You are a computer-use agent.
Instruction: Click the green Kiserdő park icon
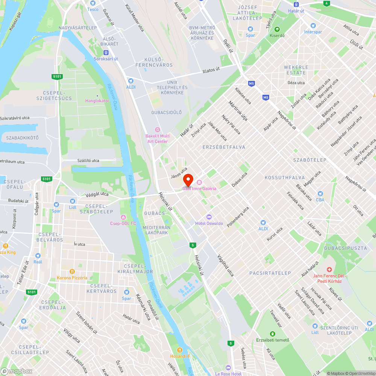[277, 29]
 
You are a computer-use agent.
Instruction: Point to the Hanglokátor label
[97, 101]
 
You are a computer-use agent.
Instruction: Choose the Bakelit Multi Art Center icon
[157, 129]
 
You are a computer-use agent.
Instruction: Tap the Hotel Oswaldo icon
[209, 217]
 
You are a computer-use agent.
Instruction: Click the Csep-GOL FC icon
[123, 217]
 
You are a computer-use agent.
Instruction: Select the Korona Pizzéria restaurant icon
[71, 271]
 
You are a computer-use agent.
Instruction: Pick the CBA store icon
[320, 193]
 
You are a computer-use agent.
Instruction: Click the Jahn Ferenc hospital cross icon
[329, 269]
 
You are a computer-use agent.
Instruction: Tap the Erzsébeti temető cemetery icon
[273, 334]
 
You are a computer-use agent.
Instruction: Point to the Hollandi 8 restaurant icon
[180, 350]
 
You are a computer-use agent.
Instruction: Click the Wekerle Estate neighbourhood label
[296, 70]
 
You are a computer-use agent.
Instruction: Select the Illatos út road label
[214, 70]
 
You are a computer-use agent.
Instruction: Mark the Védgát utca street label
[97, 194]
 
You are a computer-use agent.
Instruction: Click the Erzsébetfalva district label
[223, 147]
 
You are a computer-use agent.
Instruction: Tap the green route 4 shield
[326, 3]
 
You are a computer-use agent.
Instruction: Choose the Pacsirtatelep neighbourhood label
[270, 273]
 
